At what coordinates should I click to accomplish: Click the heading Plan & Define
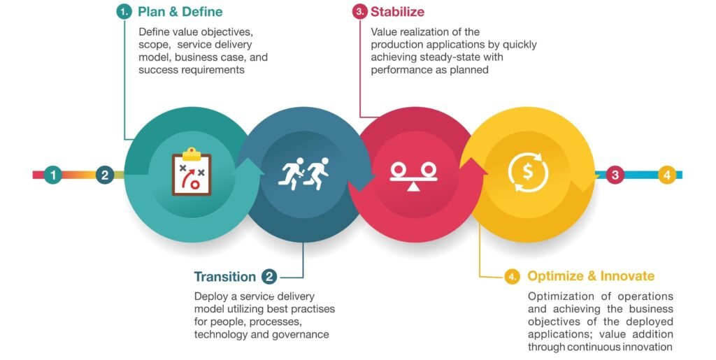point(180,11)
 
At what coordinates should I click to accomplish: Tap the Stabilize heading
point(397,11)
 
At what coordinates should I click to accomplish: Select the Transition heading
point(224,277)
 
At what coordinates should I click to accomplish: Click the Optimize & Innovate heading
point(591,276)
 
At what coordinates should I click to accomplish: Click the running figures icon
point(303,173)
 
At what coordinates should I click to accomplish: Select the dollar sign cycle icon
point(528,172)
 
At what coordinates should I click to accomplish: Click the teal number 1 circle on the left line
point(53,175)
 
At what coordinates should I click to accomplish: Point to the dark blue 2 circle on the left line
point(105,175)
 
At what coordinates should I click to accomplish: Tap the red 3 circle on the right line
point(615,175)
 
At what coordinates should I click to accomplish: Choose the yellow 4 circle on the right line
point(666,175)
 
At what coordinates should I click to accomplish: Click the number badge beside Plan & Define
point(124,11)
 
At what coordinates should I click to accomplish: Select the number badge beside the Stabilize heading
point(360,11)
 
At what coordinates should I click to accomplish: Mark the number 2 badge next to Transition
point(269,277)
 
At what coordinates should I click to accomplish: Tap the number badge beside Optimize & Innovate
point(513,277)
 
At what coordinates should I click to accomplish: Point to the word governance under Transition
point(301,334)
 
